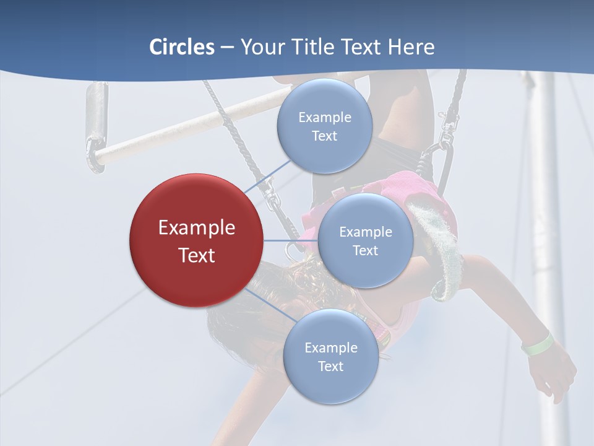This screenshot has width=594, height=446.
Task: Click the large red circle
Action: (x=196, y=240)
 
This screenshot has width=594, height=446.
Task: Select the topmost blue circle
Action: (x=324, y=126)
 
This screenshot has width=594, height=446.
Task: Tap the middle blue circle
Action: (x=365, y=240)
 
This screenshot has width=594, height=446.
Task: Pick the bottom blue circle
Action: (x=330, y=356)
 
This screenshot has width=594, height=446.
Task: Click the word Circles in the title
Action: (x=182, y=47)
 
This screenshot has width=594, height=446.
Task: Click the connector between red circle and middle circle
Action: (x=291, y=240)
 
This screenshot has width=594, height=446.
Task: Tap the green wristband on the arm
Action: (x=537, y=344)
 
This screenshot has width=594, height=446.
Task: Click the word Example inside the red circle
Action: (x=197, y=228)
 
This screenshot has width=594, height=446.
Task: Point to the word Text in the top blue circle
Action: (x=324, y=136)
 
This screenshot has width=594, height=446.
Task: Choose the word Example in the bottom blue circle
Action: (x=330, y=348)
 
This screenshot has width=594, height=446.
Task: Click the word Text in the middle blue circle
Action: (x=365, y=251)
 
